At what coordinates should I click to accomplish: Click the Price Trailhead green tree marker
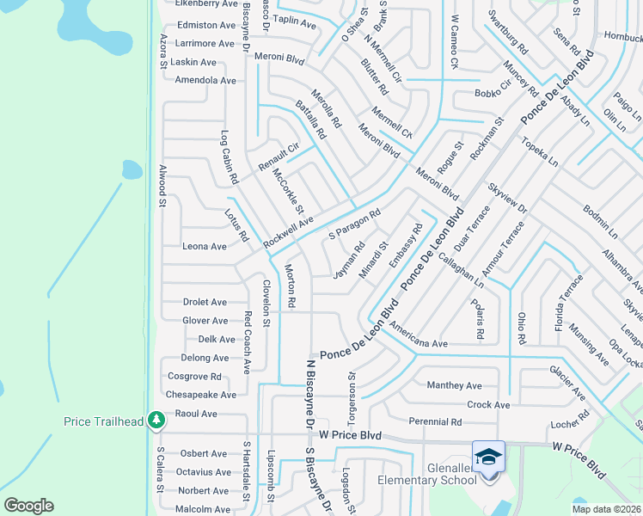coord(156,420)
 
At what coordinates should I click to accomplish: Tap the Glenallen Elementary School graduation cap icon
coord(487,455)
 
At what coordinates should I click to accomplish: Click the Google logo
coord(29,505)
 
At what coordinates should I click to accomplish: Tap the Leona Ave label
coord(205,247)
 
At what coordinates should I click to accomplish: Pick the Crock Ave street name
coord(488,405)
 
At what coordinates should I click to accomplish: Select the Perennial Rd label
coord(436,422)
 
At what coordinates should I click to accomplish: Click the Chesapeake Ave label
coord(202,395)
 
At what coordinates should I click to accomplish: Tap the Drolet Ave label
coord(205,303)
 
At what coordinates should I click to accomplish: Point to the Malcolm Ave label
coord(204,509)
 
